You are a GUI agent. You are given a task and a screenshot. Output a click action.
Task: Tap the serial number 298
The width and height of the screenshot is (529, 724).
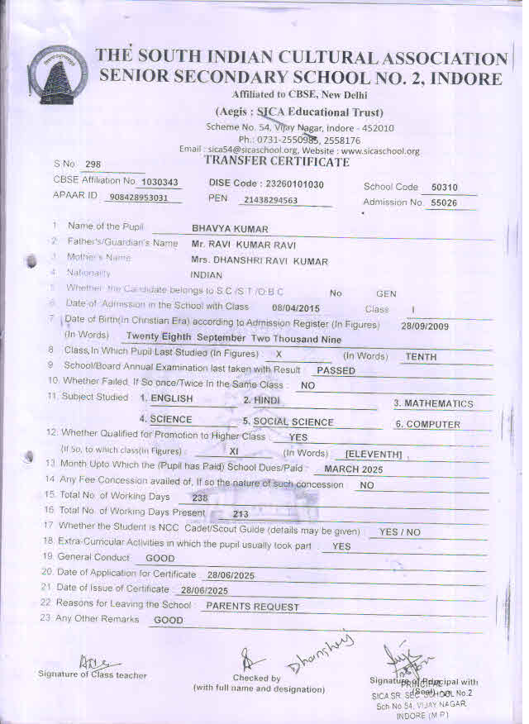93,164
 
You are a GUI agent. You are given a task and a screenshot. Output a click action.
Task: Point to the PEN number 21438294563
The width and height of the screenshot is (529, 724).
271,200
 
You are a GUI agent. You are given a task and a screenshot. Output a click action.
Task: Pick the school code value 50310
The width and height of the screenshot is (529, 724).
447,187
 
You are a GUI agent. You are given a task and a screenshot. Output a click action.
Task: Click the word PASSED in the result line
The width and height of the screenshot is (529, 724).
336,371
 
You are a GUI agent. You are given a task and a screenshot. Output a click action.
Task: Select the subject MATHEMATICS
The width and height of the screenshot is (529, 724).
433,404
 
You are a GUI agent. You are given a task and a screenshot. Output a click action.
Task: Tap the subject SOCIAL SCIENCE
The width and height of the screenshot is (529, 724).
276,422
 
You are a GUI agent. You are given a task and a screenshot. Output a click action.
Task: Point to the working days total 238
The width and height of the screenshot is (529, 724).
199,498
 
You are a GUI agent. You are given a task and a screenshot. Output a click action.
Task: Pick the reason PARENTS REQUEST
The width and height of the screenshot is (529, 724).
252,607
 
